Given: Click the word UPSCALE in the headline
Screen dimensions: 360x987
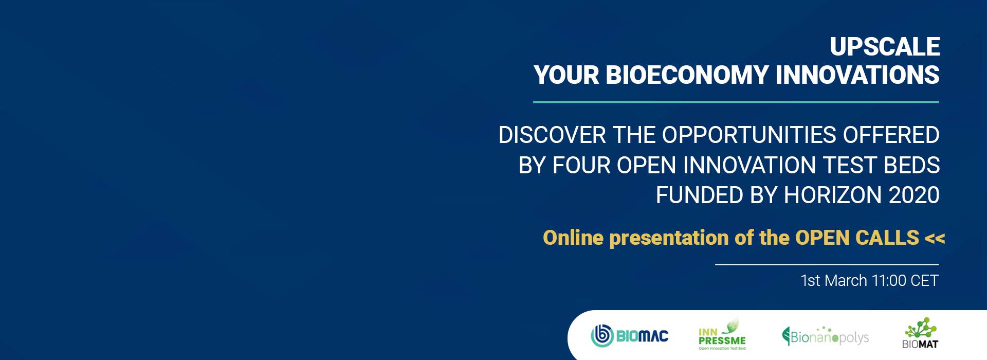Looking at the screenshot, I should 885,47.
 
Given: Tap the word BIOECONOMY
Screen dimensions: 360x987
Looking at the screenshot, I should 687,75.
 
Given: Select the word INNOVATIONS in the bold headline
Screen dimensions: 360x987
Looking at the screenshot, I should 857,75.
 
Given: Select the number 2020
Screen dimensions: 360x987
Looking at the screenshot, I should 913,195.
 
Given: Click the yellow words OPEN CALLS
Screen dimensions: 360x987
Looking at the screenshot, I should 857,238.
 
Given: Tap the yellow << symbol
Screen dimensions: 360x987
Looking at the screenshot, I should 935,238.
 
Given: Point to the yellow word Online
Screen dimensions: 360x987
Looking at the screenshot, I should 573,238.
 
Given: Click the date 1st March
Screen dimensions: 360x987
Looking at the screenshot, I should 833,280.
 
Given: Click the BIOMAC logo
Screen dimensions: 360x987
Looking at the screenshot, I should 630,336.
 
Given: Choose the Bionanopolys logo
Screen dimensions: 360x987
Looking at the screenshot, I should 825,336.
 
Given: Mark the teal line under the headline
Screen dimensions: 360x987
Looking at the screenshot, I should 736,102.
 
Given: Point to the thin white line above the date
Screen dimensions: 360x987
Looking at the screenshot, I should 827,264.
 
